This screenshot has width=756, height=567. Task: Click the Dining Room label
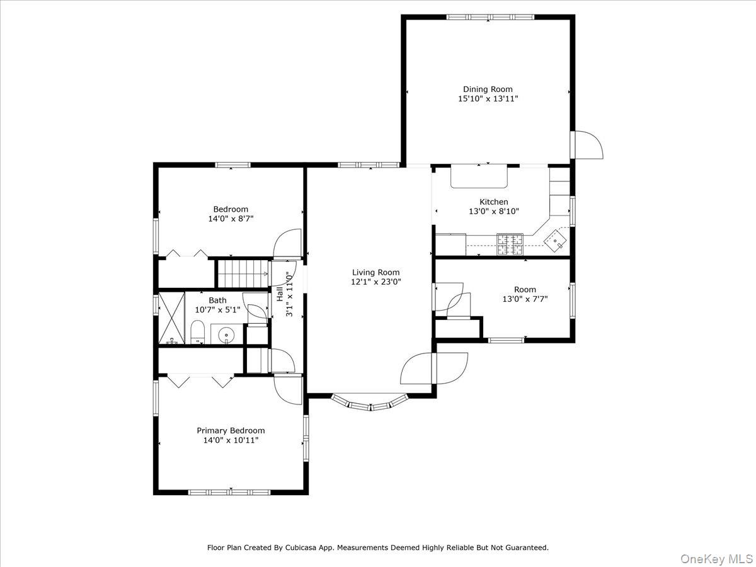(x=488, y=89)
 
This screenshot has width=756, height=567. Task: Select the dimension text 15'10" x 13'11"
(x=488, y=99)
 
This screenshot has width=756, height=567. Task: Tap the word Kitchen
(x=493, y=202)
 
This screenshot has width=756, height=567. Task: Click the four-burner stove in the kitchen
(x=510, y=243)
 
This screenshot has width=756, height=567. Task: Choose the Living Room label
(x=375, y=272)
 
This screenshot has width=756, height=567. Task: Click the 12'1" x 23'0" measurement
(x=375, y=282)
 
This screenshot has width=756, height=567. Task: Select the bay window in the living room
(x=370, y=403)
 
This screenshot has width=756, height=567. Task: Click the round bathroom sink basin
(x=225, y=333)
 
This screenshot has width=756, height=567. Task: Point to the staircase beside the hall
(x=242, y=273)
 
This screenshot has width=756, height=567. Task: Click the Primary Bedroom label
(x=231, y=431)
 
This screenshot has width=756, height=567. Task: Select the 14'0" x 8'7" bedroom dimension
(x=231, y=219)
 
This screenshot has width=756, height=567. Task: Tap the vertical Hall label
(x=279, y=294)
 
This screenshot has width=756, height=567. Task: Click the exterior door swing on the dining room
(x=588, y=146)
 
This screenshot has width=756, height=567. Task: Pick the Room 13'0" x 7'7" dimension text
(x=525, y=299)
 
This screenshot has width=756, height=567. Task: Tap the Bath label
(x=217, y=301)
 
